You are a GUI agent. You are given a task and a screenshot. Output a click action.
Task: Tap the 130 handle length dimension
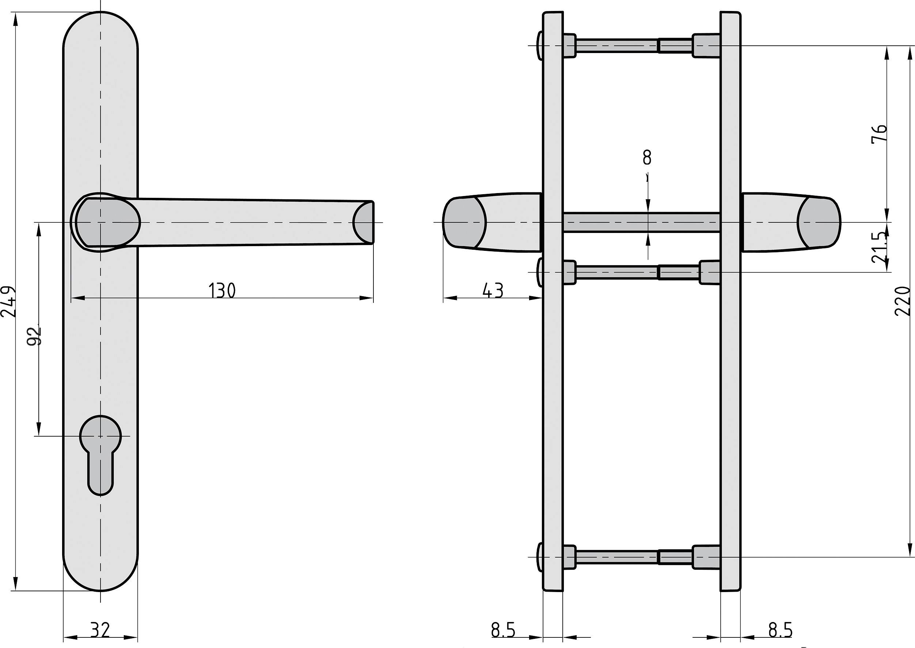(x=222, y=290)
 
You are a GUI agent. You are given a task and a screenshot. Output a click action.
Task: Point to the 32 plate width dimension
(x=100, y=630)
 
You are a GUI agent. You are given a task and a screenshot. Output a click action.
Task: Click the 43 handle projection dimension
(x=493, y=290)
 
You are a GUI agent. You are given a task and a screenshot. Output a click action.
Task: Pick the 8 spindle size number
(x=647, y=158)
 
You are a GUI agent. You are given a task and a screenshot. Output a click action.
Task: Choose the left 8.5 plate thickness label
(x=503, y=630)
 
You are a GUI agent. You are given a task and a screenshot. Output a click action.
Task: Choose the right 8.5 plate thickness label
(x=780, y=630)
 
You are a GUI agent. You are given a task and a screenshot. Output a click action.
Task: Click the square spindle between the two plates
(x=641, y=222)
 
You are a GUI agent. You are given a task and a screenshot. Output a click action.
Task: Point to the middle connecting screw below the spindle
(x=636, y=272)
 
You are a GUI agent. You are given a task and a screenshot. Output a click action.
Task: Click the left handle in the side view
(x=492, y=222)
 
